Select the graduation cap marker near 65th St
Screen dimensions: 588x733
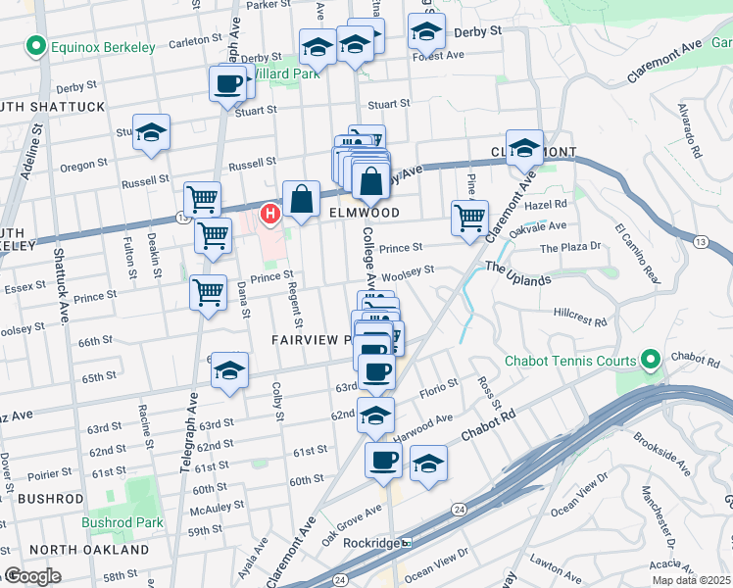(229, 370)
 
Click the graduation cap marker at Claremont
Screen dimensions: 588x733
(524, 147)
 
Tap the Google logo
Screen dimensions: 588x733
(33, 576)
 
